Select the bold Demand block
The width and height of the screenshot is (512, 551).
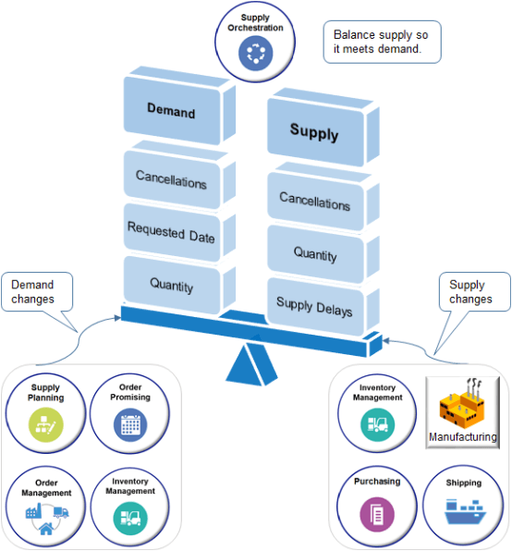pyautogui.click(x=171, y=112)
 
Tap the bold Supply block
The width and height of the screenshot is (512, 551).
pyautogui.click(x=314, y=132)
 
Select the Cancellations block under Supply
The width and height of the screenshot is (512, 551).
pyautogui.click(x=314, y=201)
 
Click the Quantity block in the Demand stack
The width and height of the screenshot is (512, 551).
pyautogui.click(x=171, y=287)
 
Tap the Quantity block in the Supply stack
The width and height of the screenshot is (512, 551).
pyautogui.click(x=314, y=252)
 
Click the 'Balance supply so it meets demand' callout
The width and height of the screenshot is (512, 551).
pyautogui.click(x=382, y=42)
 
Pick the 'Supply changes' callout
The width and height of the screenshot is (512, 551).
pyautogui.click(x=471, y=292)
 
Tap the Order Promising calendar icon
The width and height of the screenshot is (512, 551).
pyautogui.click(x=128, y=424)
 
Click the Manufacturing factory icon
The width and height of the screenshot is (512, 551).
pyautogui.click(x=462, y=405)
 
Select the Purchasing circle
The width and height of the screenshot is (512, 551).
pyautogui.click(x=376, y=504)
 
